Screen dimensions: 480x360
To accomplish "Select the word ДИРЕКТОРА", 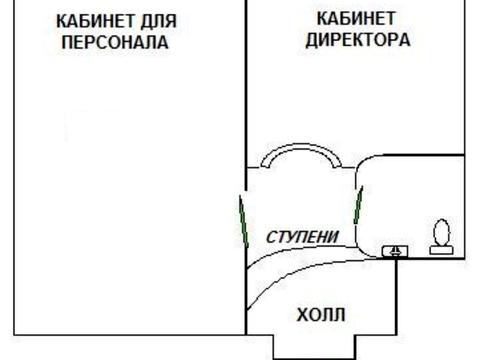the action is pos(357,41).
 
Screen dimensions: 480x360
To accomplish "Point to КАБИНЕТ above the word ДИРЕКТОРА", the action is pos(357,19).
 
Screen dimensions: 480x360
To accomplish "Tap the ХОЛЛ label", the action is pos(321,315).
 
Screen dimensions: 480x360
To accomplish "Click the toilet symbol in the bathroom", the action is pos(440,235).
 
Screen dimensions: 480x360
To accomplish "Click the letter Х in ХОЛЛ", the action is pos(302,315).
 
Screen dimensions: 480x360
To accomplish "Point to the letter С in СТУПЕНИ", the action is pos(271,237).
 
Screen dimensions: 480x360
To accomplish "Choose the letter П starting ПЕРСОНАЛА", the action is pos(67,43).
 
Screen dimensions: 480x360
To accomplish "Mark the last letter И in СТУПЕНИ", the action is pos(334,237).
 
